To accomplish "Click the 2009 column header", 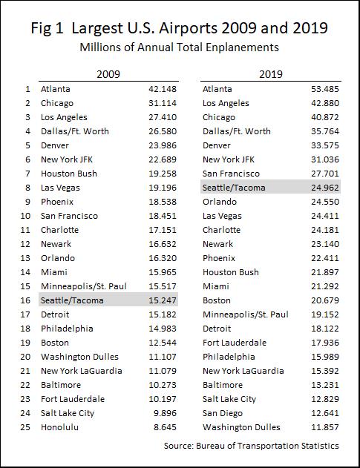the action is click(108, 74).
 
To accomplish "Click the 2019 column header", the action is click(271, 74).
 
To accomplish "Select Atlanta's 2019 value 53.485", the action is click(325, 89).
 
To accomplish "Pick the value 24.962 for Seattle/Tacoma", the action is click(325, 188).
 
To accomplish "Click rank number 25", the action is click(25, 427).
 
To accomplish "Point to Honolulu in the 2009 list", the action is click(59, 427).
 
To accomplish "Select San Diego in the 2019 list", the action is click(223, 413).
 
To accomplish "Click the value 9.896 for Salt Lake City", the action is click(165, 413).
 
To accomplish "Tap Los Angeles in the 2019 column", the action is click(226, 103).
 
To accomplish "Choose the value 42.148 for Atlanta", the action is click(163, 89).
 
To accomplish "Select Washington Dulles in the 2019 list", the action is click(241, 427).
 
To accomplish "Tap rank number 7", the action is click(27, 174).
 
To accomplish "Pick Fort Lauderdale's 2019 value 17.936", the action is click(325, 343).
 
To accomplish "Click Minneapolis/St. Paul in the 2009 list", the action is click(84, 286).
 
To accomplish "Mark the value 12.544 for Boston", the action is click(163, 343).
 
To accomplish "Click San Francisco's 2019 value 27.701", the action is click(325, 174).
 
